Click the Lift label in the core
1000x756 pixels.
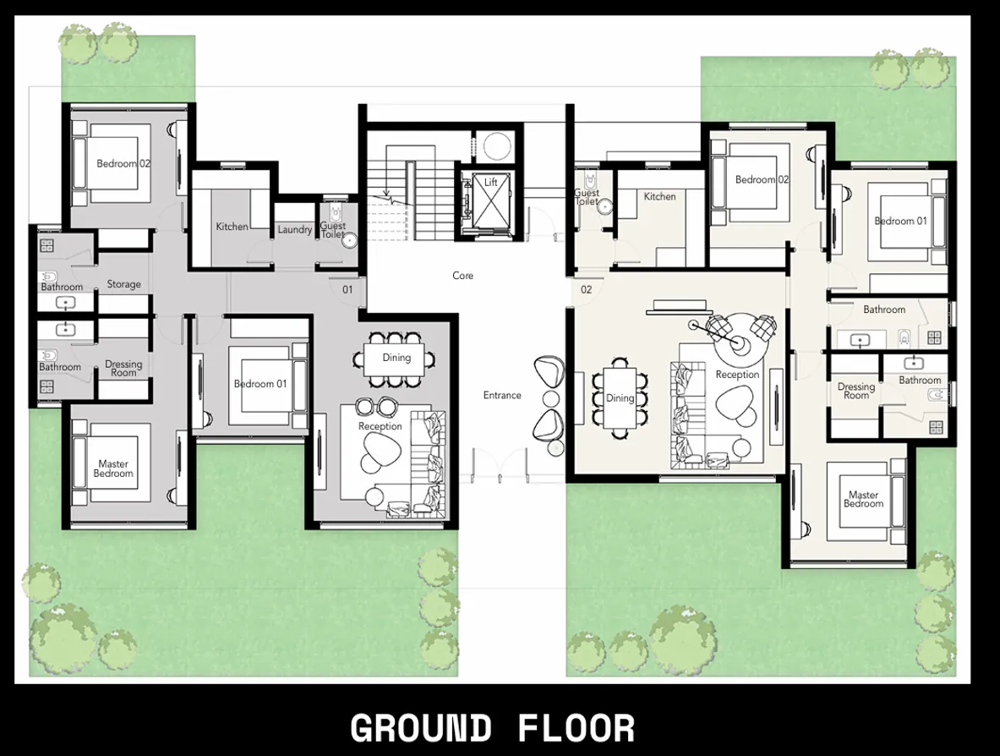pyautogui.click(x=491, y=183)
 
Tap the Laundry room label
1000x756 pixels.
pyautogui.click(x=295, y=229)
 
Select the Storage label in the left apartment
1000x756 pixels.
pyautogui.click(x=123, y=284)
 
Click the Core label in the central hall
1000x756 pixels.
pyautogui.click(x=463, y=276)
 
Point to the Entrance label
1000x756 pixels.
pyautogui.click(x=502, y=395)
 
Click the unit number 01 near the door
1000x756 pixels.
pyautogui.click(x=347, y=290)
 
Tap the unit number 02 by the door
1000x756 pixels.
pyautogui.click(x=587, y=290)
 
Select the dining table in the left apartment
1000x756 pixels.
pyautogui.click(x=396, y=359)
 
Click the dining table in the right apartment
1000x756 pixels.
pyautogui.click(x=620, y=398)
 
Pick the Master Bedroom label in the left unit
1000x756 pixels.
pyautogui.click(x=113, y=468)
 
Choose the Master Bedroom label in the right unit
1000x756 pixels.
pyautogui.click(x=863, y=499)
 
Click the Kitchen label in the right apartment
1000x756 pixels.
pyautogui.click(x=659, y=196)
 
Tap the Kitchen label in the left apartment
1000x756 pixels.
pyautogui.click(x=232, y=227)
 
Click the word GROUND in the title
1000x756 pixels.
pyautogui.click(x=420, y=728)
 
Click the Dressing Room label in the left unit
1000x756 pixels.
pyautogui.click(x=123, y=369)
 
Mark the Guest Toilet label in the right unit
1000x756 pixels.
pyautogui.click(x=587, y=197)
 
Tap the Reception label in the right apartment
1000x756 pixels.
pyautogui.click(x=737, y=374)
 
